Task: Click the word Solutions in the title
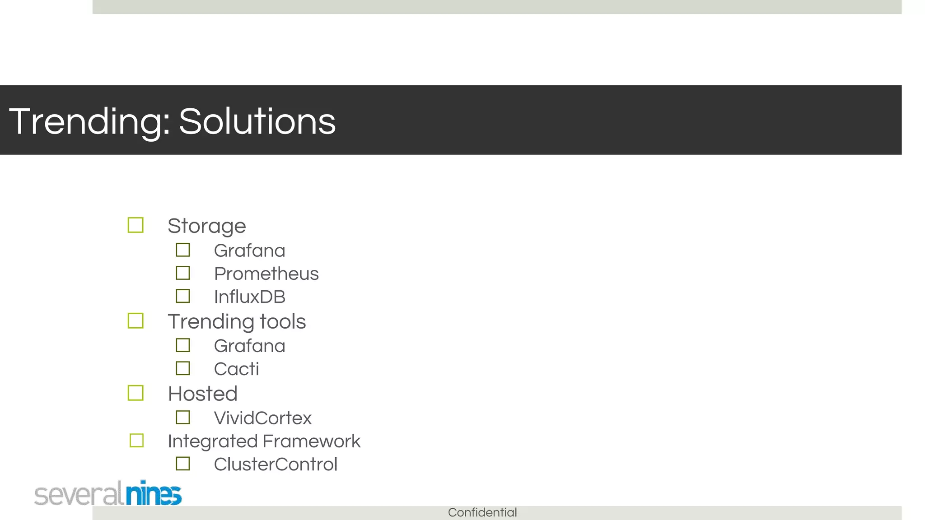(x=257, y=121)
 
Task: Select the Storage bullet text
(x=206, y=226)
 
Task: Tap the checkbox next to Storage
(x=135, y=225)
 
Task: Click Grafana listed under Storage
(x=249, y=251)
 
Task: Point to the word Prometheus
(x=266, y=274)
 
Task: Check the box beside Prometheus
(x=183, y=273)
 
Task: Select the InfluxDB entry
(x=249, y=297)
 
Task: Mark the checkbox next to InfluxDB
(x=183, y=296)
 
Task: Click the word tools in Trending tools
(x=283, y=321)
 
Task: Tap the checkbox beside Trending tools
(x=135, y=321)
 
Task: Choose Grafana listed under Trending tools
(x=249, y=346)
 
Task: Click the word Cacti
(x=236, y=369)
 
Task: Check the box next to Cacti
(x=183, y=368)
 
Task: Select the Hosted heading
(x=202, y=394)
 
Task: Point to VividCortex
(x=262, y=418)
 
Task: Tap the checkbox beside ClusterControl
(x=183, y=464)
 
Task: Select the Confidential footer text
(x=482, y=512)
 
